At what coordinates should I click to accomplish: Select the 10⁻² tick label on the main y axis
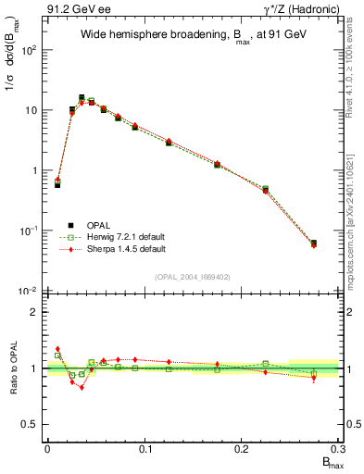pos(28,292)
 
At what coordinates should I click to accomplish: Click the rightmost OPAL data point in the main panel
pos(314,243)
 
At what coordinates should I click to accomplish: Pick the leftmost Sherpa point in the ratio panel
pos(57,349)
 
